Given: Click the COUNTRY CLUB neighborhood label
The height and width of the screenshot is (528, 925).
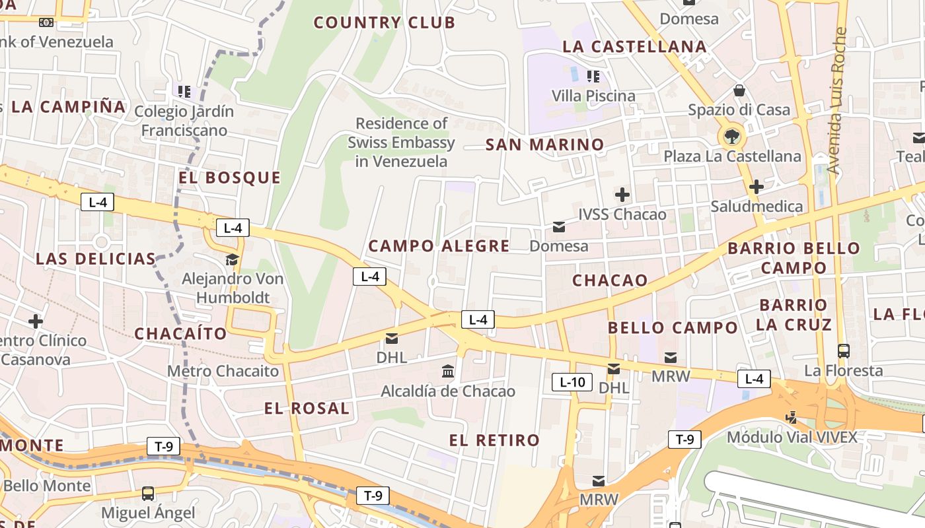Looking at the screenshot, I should [384, 22].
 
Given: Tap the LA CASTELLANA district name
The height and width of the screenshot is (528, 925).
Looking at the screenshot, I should [634, 47].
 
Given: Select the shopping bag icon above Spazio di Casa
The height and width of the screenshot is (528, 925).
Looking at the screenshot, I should [739, 90].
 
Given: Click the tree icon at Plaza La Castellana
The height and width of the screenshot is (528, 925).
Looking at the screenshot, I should [731, 137].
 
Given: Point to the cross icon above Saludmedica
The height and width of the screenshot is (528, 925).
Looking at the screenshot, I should [757, 187].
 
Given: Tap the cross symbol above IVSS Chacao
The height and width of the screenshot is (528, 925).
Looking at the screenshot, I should [622, 195].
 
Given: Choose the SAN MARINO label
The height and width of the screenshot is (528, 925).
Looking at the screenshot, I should [544, 145].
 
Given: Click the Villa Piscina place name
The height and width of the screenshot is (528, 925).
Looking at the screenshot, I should [593, 96].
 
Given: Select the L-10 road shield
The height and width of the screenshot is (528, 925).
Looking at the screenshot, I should [572, 381].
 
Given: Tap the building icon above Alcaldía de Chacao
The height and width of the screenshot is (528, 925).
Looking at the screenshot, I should [448, 372].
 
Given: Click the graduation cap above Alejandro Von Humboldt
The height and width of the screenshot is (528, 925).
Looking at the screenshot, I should [232, 259].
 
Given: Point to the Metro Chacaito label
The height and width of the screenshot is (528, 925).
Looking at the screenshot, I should [223, 371].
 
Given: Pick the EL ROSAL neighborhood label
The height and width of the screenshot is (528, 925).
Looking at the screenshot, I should [307, 409].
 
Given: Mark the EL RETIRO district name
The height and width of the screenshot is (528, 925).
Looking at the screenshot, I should [494, 440].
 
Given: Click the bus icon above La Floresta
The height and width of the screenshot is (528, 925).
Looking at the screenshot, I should [843, 351].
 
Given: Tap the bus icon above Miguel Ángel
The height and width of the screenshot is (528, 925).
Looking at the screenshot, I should [148, 493].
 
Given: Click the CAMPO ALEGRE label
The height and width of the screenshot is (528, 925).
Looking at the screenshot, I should [439, 246].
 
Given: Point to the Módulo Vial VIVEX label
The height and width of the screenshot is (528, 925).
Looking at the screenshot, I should [792, 437].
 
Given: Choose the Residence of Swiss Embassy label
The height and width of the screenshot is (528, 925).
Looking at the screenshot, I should [401, 142].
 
